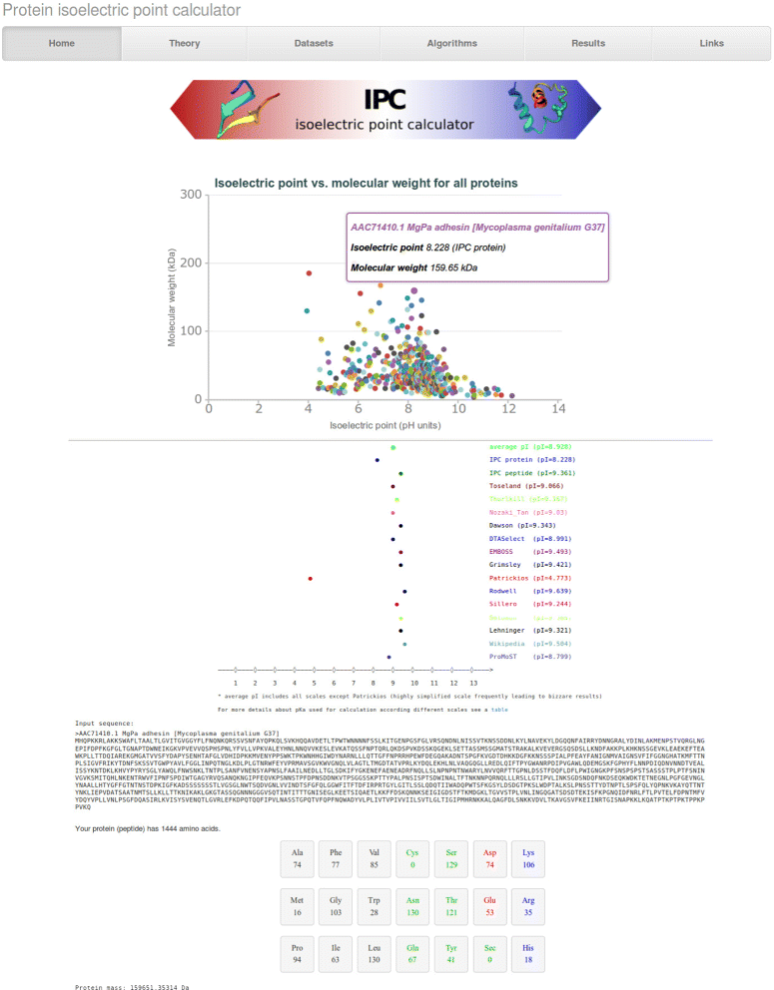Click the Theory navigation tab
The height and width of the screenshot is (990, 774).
pyautogui.click(x=184, y=43)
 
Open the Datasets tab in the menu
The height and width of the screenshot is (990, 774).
pyautogui.click(x=314, y=43)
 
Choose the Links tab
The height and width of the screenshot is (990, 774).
pyautogui.click(x=711, y=43)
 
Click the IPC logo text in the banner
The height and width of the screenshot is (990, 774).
pyautogui.click(x=385, y=99)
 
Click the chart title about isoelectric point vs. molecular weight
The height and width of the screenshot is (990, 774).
pyautogui.click(x=366, y=184)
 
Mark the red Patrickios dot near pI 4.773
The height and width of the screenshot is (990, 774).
pyautogui.click(x=311, y=579)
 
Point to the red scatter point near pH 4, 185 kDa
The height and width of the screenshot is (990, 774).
pyautogui.click(x=310, y=272)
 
